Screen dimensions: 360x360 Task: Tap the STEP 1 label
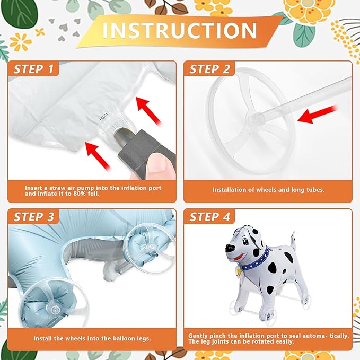pos(34,69)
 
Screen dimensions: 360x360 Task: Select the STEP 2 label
pos(209,69)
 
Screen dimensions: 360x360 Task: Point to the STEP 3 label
pos(34,217)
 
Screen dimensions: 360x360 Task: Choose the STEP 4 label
pos(209,217)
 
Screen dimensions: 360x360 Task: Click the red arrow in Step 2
pos(318,113)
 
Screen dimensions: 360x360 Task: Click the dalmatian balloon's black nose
pos(230,248)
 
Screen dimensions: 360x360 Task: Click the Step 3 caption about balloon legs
pos(91,338)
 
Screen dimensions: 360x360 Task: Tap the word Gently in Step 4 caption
pos(201,336)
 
